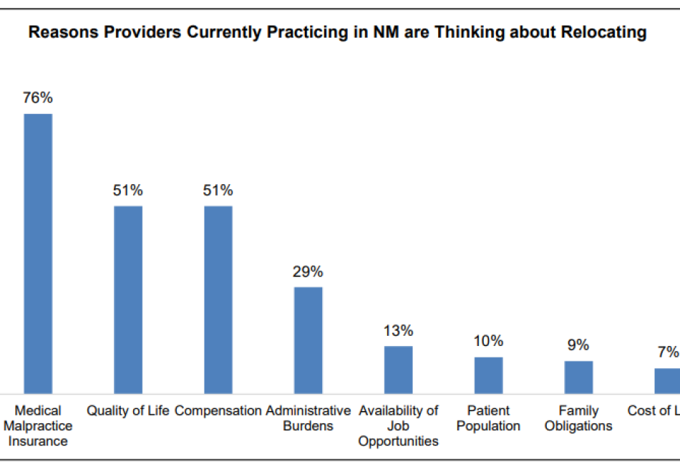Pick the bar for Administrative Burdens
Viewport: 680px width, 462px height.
point(309,340)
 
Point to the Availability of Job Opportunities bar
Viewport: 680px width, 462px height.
point(398,370)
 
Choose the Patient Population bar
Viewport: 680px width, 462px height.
point(488,375)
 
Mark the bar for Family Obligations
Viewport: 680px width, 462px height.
point(578,377)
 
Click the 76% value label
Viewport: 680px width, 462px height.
point(38,98)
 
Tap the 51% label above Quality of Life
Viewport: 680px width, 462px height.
point(128,191)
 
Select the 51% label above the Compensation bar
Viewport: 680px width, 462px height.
point(218,191)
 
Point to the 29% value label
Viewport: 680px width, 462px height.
point(309,271)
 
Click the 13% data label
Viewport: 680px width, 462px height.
point(398,331)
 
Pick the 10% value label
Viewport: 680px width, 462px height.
point(488,341)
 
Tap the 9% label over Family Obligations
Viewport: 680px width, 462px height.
point(578,345)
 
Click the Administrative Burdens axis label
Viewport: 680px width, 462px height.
point(309,418)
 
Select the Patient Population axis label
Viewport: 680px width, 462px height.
point(488,418)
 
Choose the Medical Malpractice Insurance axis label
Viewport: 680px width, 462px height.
point(38,425)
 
